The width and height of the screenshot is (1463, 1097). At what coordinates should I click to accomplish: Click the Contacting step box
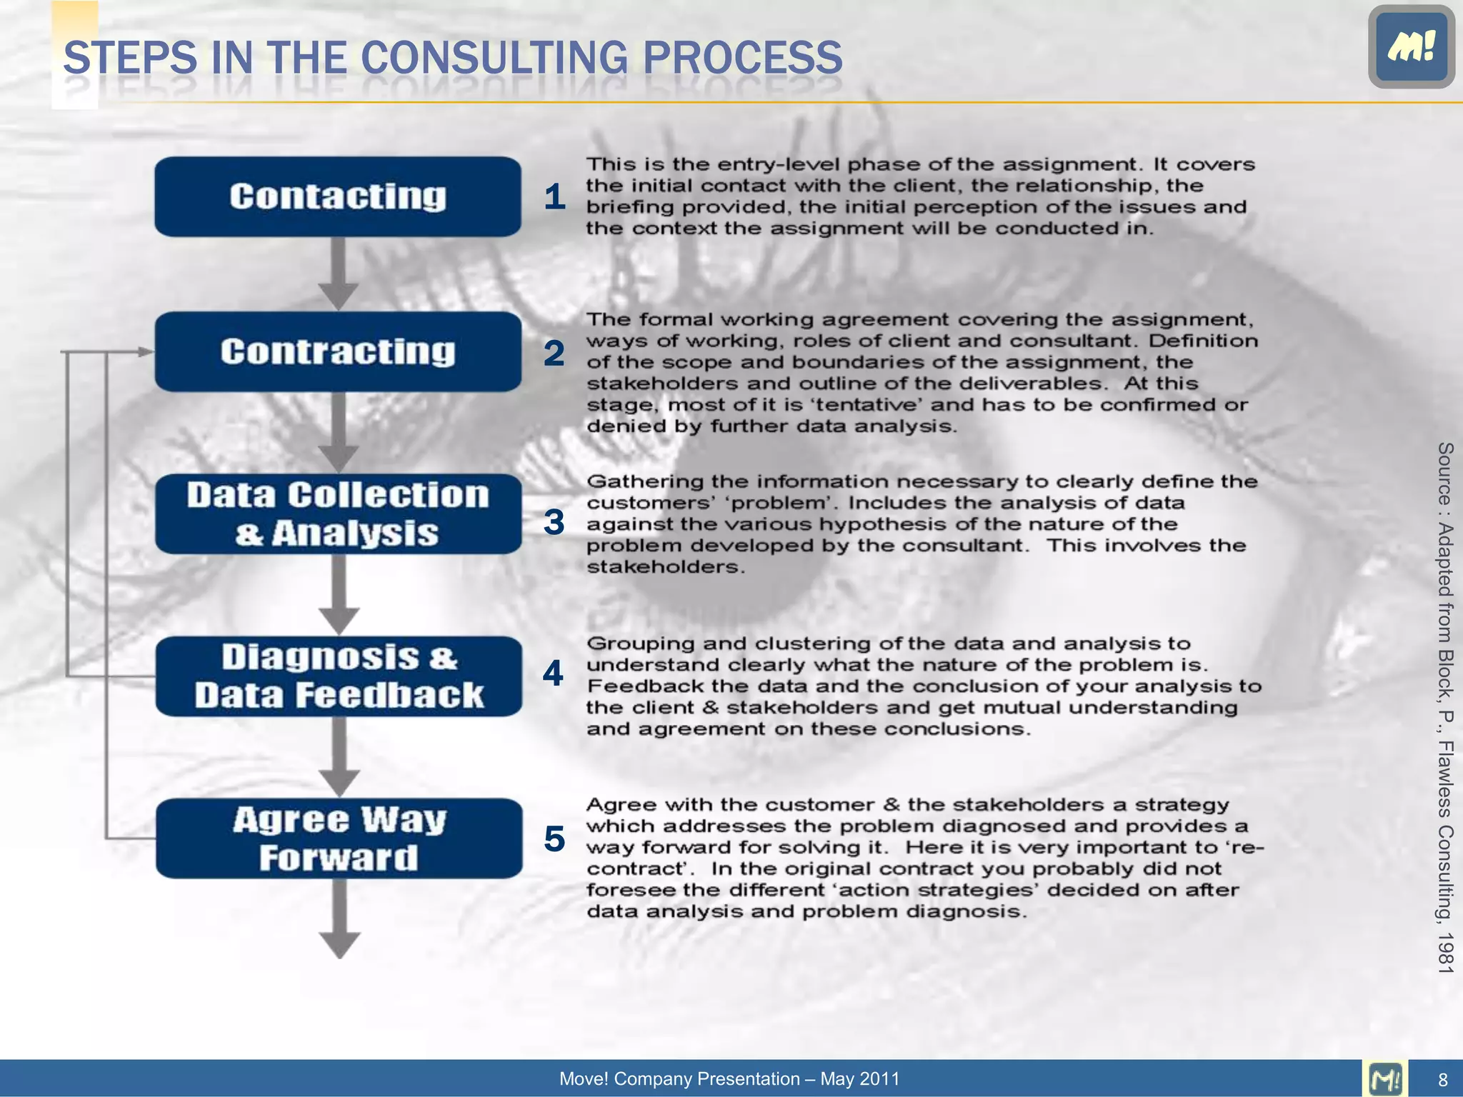pos(338,197)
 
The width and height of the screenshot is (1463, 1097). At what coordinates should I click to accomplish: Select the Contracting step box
pos(338,352)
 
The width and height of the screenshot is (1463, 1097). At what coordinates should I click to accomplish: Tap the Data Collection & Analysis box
pos(338,514)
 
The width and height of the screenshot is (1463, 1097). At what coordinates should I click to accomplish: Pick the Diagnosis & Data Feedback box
pos(339,676)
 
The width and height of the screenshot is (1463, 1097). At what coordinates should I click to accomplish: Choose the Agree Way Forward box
pos(339,838)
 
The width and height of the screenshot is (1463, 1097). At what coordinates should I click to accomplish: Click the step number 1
pos(554,197)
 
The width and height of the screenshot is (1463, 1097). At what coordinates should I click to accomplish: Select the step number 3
pos(554,522)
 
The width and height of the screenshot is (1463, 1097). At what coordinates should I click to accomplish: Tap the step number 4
pos(554,673)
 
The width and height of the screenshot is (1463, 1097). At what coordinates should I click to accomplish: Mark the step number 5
pos(554,838)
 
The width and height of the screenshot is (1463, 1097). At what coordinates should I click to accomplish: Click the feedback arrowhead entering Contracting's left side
pos(145,352)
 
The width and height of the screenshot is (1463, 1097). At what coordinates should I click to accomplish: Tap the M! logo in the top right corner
pos(1411,47)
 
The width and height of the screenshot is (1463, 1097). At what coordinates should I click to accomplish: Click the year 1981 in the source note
pos(1445,953)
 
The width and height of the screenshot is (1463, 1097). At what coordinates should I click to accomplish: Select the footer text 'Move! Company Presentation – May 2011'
pos(729,1078)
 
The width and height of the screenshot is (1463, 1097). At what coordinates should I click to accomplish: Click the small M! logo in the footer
pos(1385,1078)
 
